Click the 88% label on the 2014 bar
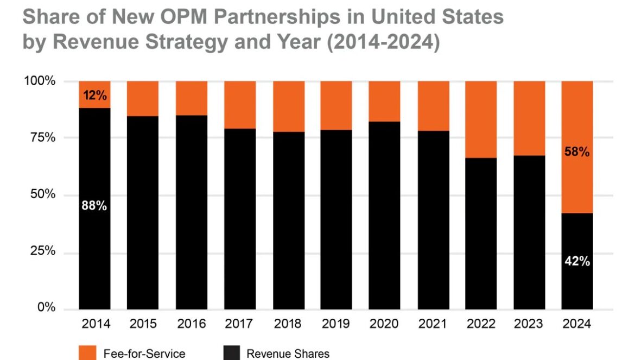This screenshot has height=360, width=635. point(94,206)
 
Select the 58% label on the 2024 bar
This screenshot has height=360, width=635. point(576,152)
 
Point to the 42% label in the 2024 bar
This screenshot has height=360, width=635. point(576,261)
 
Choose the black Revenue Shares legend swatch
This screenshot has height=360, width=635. point(231,353)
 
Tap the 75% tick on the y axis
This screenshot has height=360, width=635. point(42,138)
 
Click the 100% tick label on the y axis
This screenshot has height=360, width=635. point(40,81)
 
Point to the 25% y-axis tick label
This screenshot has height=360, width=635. point(42,251)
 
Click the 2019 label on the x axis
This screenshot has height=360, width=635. point(335,324)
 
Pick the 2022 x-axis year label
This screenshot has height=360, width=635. point(480,324)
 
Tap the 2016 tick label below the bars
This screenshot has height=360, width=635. point(191,324)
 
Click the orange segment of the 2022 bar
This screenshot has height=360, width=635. point(480,119)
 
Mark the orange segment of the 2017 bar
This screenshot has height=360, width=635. point(239,105)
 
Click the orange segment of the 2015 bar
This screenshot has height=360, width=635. point(143,98)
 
